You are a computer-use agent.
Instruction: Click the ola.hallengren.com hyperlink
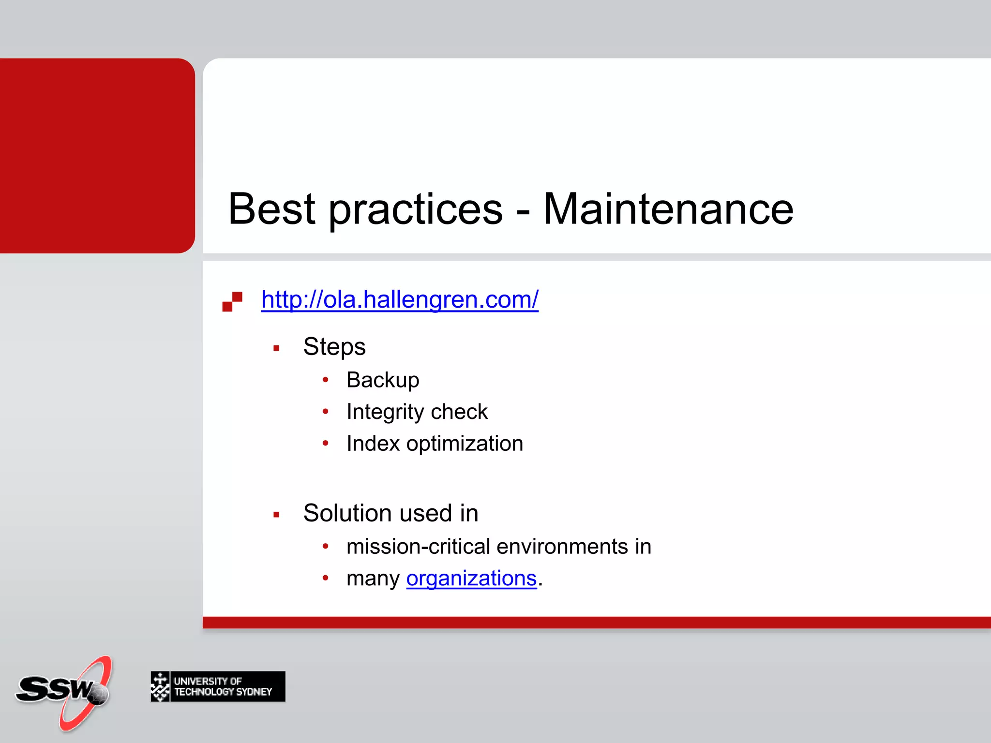[x=400, y=299]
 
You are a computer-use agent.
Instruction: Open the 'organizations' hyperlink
[x=471, y=578]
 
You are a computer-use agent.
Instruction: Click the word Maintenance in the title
[x=668, y=209]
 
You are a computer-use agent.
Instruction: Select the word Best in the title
[x=271, y=209]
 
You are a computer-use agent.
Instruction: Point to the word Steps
[x=334, y=347]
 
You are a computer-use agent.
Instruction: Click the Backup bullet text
[x=383, y=380]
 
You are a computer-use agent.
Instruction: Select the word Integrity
[x=385, y=412]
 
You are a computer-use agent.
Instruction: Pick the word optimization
[x=465, y=444]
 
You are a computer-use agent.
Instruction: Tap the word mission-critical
[x=419, y=547]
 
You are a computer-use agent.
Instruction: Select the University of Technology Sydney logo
[x=218, y=686]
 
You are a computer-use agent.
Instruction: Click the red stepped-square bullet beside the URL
[x=232, y=301]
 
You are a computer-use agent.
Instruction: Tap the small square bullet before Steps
[x=276, y=348]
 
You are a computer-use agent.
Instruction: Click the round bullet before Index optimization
[x=326, y=443]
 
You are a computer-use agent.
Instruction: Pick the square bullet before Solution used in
[x=276, y=515]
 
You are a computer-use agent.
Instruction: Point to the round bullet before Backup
[x=326, y=380]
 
